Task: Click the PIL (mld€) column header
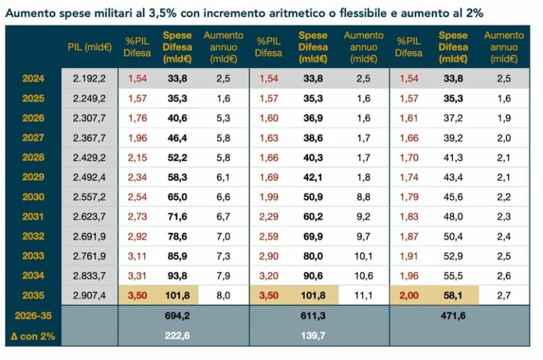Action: (x=89, y=47)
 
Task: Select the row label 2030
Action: (x=33, y=197)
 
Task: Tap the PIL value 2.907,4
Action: (x=89, y=295)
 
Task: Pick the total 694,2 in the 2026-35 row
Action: (x=177, y=316)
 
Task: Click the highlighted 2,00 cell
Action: (x=409, y=295)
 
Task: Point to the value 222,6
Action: (x=177, y=336)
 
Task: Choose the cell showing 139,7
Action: (x=313, y=336)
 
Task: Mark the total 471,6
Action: (x=452, y=316)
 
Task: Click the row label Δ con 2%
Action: (x=33, y=336)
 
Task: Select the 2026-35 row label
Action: (x=33, y=316)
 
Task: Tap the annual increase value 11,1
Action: (x=364, y=295)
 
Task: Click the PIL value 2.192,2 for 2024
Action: (x=89, y=79)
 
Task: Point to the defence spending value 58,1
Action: (x=452, y=295)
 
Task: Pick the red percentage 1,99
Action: (x=269, y=197)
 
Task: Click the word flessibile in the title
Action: (x=350, y=13)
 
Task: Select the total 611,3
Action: (x=313, y=316)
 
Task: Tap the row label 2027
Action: (x=33, y=138)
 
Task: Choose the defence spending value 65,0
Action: (x=177, y=197)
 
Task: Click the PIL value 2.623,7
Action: (x=89, y=216)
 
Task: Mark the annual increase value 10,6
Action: (x=364, y=275)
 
